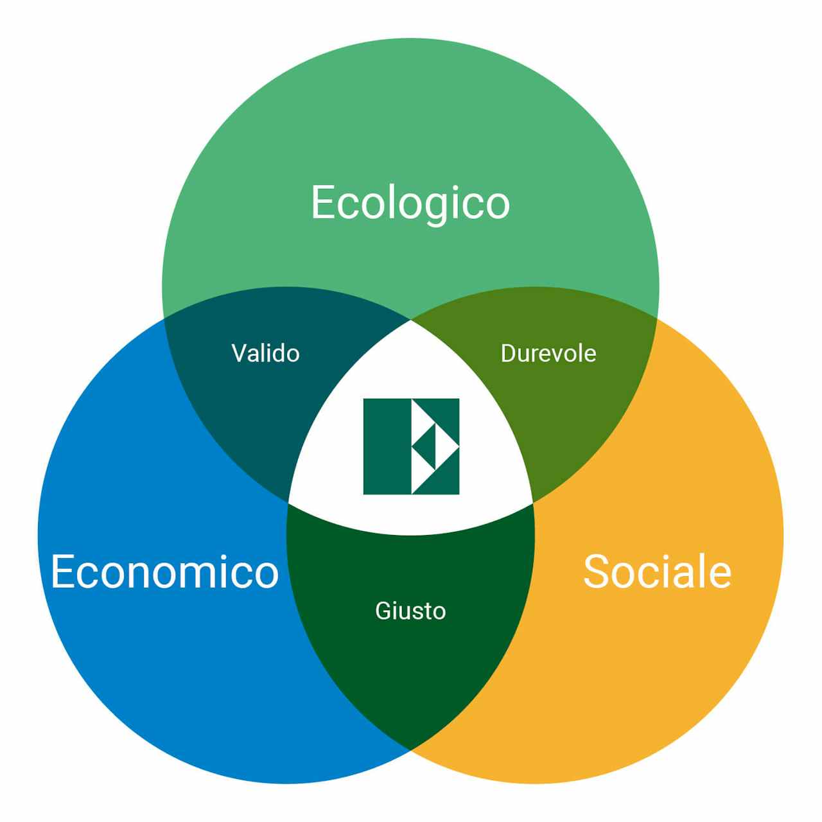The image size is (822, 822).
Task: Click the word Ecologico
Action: (410, 204)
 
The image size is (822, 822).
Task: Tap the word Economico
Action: (165, 572)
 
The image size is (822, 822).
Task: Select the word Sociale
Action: (658, 572)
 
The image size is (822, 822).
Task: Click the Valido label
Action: (265, 353)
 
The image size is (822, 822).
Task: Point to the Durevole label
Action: (548, 353)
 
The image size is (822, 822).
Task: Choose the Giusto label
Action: (410, 611)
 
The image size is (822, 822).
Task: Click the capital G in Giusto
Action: (383, 611)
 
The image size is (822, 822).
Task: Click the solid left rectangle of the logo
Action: (387, 446)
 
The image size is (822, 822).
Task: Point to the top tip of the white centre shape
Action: (411, 320)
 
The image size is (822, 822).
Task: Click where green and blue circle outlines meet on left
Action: (164, 318)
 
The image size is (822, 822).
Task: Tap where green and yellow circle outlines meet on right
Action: (656, 318)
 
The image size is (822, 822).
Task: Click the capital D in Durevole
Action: (509, 353)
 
